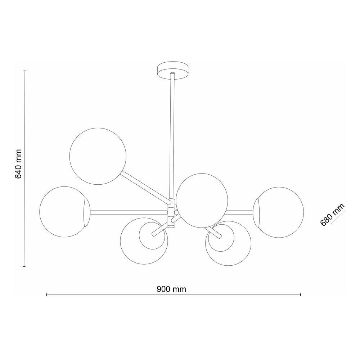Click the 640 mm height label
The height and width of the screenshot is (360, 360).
18,164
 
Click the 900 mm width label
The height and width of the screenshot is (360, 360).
171,289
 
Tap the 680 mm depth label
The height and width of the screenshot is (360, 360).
332,215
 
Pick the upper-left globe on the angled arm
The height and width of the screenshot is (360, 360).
98,156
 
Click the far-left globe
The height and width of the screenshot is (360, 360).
65,212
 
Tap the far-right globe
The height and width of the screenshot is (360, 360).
279,212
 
